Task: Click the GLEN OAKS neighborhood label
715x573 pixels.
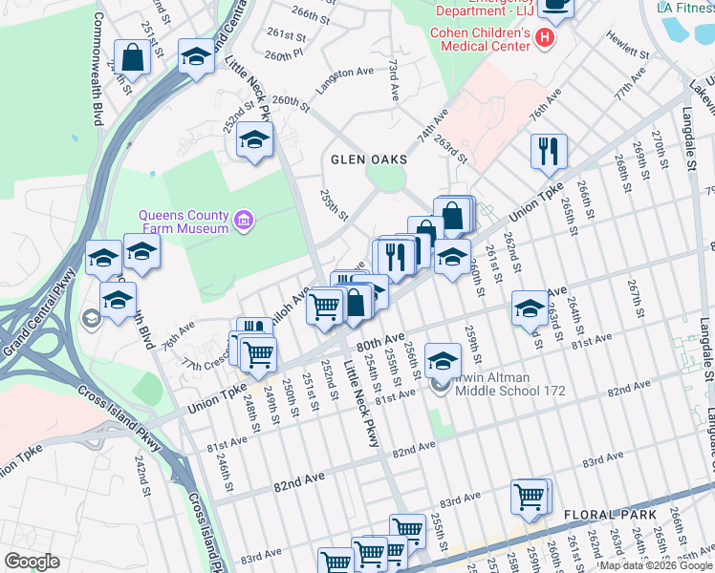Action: [x=369, y=159]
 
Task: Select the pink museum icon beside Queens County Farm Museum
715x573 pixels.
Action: [x=245, y=222]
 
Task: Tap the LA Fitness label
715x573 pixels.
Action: [x=684, y=7]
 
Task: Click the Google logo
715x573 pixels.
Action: [x=32, y=562]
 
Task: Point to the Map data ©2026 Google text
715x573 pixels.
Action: [x=655, y=565]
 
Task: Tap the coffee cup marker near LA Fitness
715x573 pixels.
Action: [x=555, y=6]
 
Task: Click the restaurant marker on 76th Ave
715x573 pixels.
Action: [x=549, y=151]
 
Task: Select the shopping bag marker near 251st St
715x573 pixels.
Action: [x=132, y=56]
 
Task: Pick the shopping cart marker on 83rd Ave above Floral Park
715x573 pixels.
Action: [x=529, y=497]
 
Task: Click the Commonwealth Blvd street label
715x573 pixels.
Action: [x=96, y=65]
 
